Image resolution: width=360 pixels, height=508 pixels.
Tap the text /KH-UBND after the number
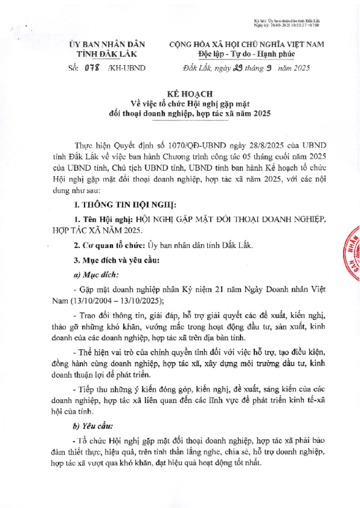[x=127, y=69]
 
